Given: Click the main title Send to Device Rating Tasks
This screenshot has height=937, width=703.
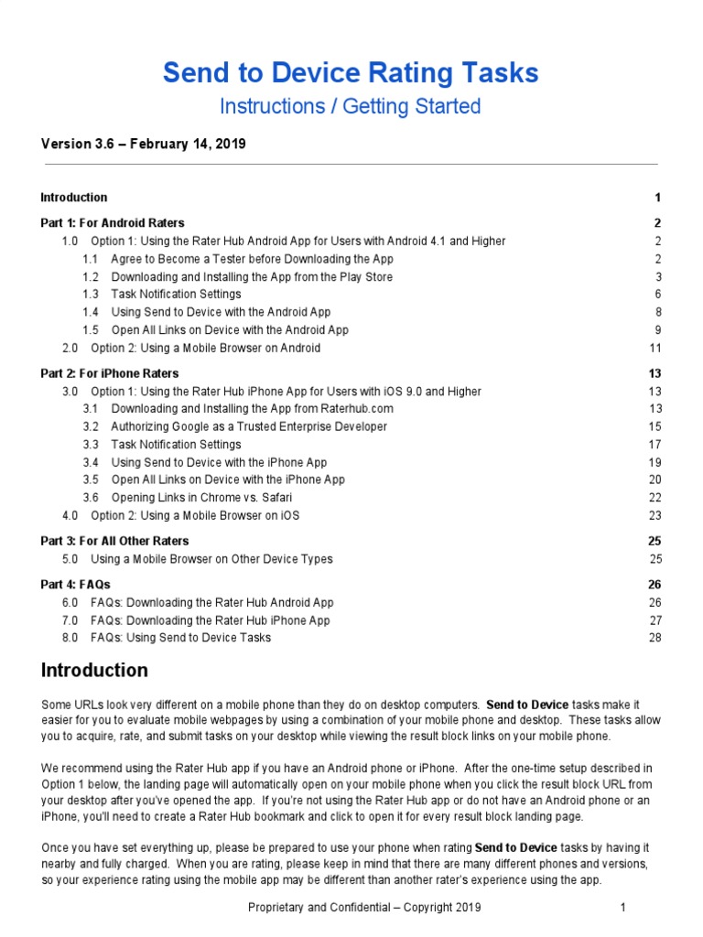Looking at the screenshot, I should (x=351, y=73).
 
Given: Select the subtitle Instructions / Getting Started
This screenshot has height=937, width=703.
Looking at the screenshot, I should (x=351, y=106).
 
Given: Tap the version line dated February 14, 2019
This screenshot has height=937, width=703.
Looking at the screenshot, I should (x=143, y=145).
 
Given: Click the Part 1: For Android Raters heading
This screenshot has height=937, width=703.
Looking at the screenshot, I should (x=113, y=223).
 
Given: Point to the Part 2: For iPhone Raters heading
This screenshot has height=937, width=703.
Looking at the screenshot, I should (x=110, y=373).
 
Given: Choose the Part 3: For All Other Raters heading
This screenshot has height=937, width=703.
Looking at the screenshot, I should (x=115, y=541).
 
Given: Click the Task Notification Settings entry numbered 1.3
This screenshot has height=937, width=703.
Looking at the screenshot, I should (x=176, y=295).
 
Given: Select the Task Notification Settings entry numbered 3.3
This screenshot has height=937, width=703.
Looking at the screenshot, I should (x=176, y=445).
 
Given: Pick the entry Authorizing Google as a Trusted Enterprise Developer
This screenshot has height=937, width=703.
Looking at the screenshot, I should (x=249, y=426).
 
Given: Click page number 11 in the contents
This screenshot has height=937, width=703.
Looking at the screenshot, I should (x=654, y=348).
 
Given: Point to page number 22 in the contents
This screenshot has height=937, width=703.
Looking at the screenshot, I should (x=654, y=498).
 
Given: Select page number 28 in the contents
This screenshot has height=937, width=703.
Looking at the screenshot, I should (x=654, y=638).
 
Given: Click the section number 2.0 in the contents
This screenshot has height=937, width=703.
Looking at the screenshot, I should (x=70, y=348).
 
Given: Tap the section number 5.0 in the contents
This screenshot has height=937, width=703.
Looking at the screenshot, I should (x=70, y=559).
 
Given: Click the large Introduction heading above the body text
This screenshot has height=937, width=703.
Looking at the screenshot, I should (x=94, y=671).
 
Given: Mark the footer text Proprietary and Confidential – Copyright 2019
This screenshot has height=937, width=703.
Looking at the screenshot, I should (x=364, y=908).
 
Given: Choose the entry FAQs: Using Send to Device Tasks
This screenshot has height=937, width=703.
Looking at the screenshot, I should (x=180, y=638).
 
